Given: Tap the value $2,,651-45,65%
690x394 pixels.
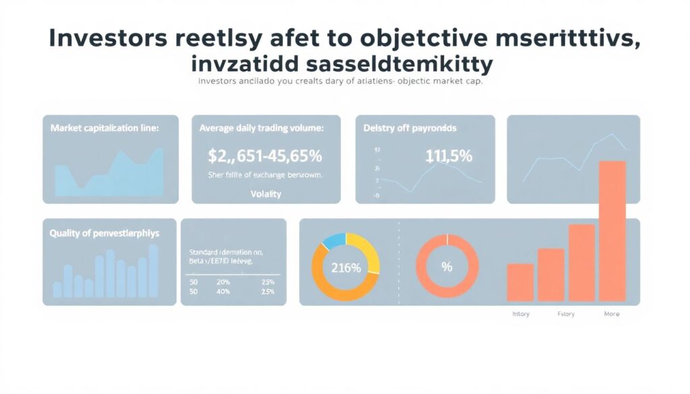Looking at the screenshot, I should [265, 156].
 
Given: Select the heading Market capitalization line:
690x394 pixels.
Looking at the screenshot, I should [104, 127].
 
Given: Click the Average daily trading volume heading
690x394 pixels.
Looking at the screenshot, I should [261, 127].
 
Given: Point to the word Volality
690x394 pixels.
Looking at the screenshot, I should [265, 194].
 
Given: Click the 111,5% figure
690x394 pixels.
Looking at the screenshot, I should [449, 156].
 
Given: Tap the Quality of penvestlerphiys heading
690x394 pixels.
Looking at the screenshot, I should [104, 233].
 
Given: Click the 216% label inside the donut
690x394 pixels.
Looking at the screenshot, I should [346, 267].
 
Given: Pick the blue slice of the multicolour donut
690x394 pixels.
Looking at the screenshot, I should [334, 240].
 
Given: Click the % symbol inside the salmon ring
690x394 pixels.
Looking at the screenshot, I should [446, 267].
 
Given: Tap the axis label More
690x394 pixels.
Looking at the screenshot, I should [612, 314].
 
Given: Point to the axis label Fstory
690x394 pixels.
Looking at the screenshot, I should [565, 314].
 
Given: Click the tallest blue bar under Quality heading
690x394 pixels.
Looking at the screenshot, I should [153, 270].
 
